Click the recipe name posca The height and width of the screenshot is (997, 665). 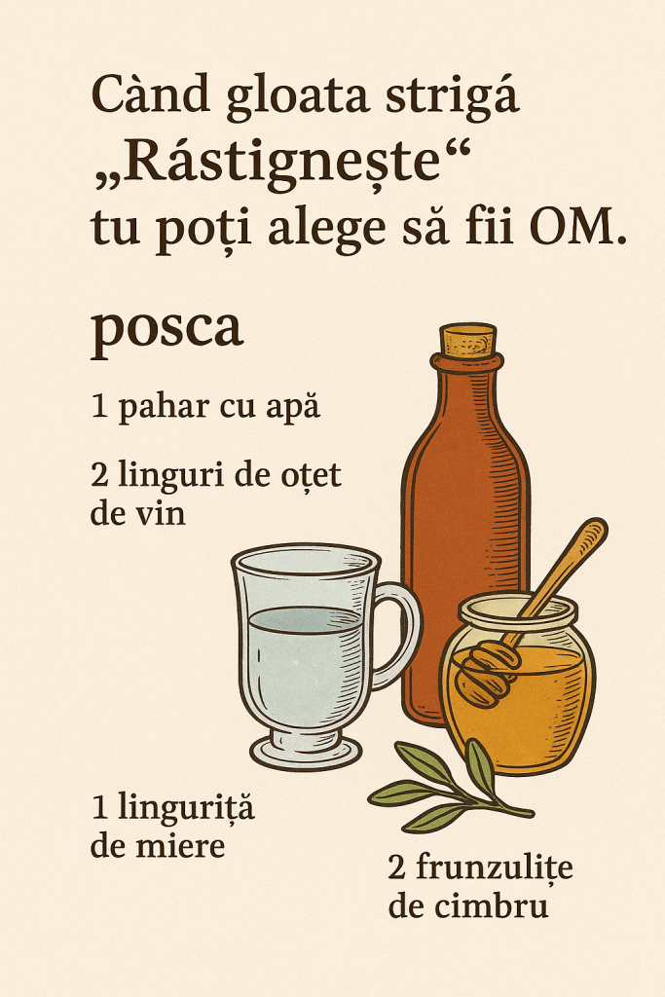[x=167, y=329]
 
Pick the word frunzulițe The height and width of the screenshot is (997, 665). [x=495, y=868]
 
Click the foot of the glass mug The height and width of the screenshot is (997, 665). [x=306, y=753]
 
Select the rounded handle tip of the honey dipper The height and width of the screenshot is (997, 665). [x=595, y=529]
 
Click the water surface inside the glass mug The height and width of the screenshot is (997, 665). [x=306, y=619]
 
